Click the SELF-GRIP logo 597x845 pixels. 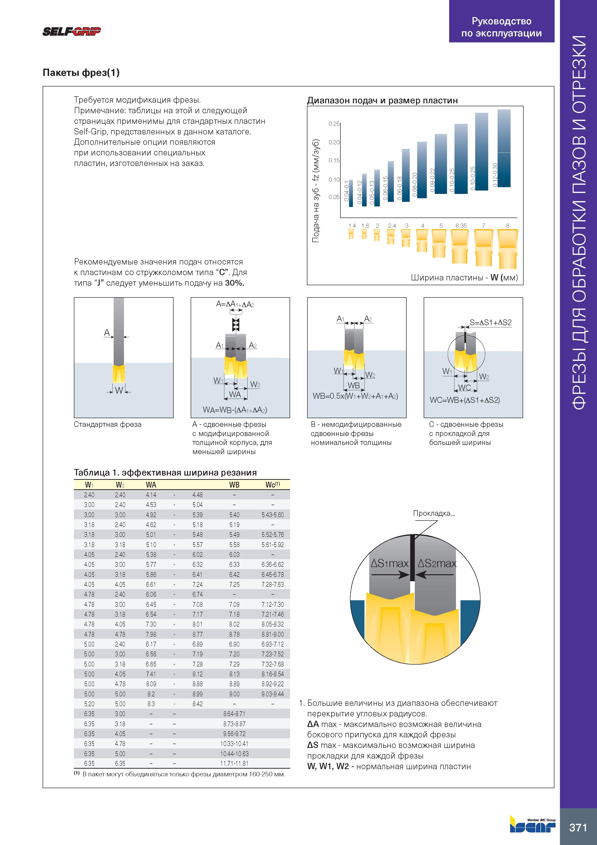pyautogui.click(x=72, y=32)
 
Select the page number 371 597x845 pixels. pyautogui.click(x=578, y=827)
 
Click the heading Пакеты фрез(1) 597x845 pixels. pyautogui.click(x=81, y=73)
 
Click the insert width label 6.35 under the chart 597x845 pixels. pyautogui.click(x=461, y=226)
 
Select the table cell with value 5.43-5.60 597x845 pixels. pyautogui.click(x=273, y=515)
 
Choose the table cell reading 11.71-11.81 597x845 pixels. pyautogui.click(x=234, y=763)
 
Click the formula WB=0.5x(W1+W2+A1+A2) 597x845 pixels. pyautogui.click(x=355, y=396)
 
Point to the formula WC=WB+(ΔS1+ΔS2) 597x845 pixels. pyautogui.click(x=465, y=400)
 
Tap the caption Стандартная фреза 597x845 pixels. pyautogui.click(x=107, y=424)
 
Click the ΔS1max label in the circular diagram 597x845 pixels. pyautogui.click(x=389, y=563)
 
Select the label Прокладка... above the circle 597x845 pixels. pyautogui.click(x=434, y=513)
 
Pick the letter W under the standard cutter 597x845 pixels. pyautogui.click(x=119, y=390)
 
